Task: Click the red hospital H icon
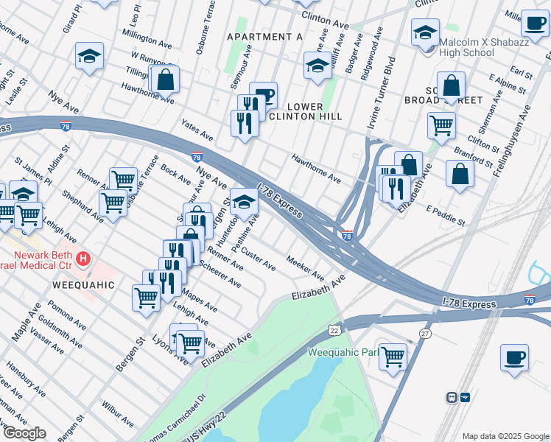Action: pyautogui.click(x=84, y=259)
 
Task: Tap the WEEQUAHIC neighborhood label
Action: pyautogui.click(x=83, y=284)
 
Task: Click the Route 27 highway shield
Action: pyautogui.click(x=424, y=334)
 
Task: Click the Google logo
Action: pyautogui.click(x=24, y=433)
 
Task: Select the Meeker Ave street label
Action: pyautogui.click(x=306, y=269)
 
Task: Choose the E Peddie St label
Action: pyautogui.click(x=446, y=214)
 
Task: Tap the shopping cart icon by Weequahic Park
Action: pyautogui.click(x=393, y=357)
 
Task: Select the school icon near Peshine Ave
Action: pyautogui.click(x=244, y=200)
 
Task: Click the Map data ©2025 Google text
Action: pyautogui.click(x=505, y=435)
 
